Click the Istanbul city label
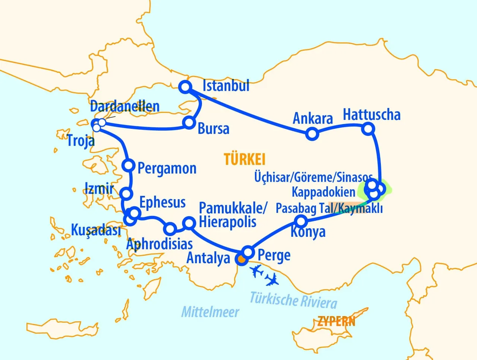(226, 86)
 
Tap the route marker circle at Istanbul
(185, 87)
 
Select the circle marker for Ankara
(312, 134)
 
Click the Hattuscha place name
(372, 115)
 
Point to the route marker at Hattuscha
(368, 129)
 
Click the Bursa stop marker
(189, 122)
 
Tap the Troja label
(81, 141)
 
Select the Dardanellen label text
(125, 106)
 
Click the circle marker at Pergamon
(129, 165)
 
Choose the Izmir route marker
(126, 194)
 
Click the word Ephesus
(162, 203)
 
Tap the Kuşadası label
(96, 230)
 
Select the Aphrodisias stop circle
(170, 228)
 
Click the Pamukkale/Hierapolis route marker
(190, 223)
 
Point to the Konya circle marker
(301, 222)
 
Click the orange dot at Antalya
(241, 259)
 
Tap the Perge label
(274, 255)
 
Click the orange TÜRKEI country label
(245, 159)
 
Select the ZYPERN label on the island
(336, 321)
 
